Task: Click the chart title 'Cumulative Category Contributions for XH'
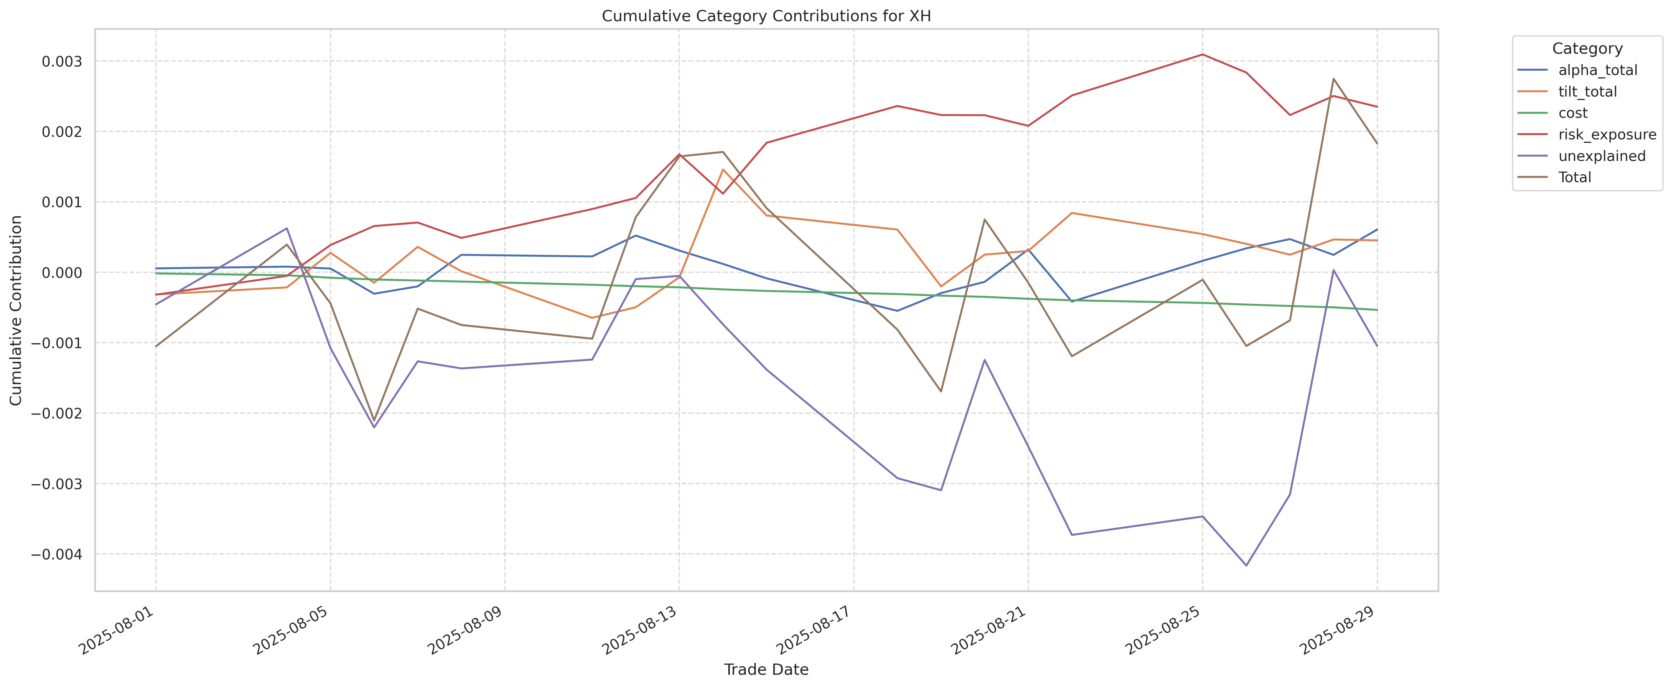pyautogui.click(x=766, y=16)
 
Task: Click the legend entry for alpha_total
pyautogui.click(x=1597, y=70)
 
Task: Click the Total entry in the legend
pyautogui.click(x=1575, y=177)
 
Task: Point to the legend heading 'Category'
pyautogui.click(x=1587, y=49)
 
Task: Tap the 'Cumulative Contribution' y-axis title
pyautogui.click(x=16, y=310)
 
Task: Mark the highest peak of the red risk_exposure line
pyautogui.click(x=1202, y=55)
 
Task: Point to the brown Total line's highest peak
pyautogui.click(x=1333, y=78)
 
